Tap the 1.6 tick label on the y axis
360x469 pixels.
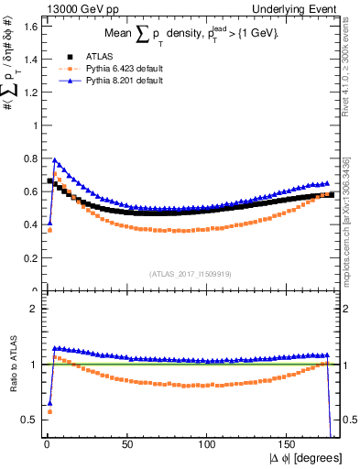(29, 25)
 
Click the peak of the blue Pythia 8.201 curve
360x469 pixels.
(55, 159)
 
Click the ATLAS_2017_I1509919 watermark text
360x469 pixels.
(190, 273)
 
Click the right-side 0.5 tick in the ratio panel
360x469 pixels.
(348, 420)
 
